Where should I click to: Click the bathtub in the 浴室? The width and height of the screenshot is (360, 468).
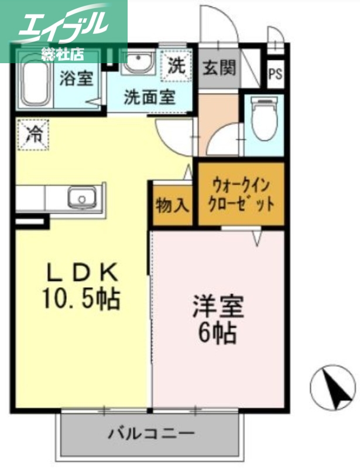(x=35, y=82)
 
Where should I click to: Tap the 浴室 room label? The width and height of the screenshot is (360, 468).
(x=77, y=78)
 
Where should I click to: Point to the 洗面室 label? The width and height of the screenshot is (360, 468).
(x=149, y=97)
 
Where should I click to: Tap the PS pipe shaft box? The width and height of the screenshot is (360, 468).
(x=275, y=74)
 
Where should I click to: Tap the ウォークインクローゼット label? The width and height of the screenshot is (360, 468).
(x=241, y=196)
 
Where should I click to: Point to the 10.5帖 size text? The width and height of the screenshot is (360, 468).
(x=81, y=300)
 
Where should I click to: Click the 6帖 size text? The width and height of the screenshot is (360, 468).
(x=218, y=333)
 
